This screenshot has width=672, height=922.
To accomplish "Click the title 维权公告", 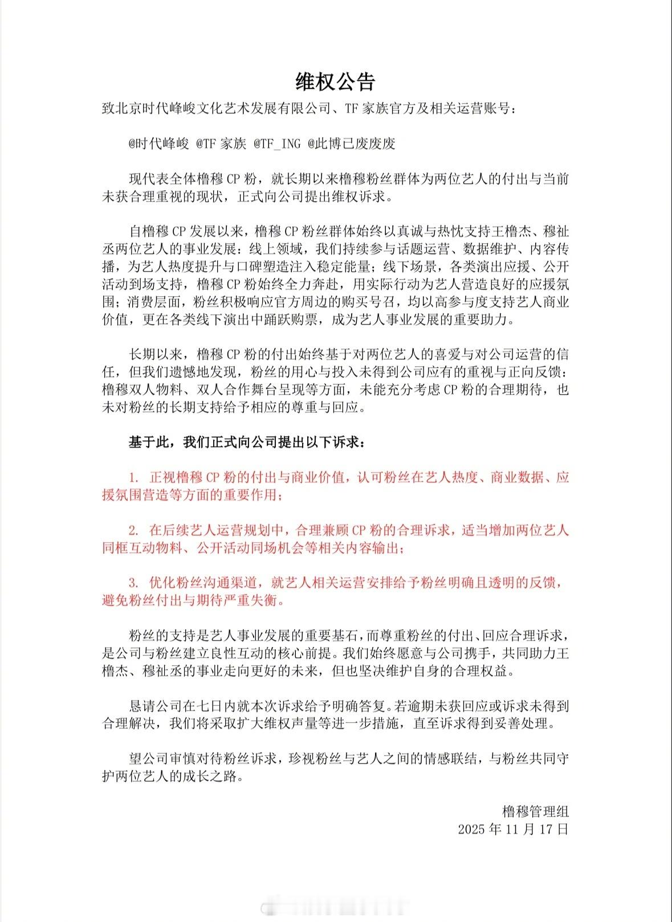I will tap(335, 82).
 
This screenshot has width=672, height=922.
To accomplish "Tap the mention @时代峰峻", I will tap(158, 144).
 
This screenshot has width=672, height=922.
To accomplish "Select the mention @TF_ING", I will tap(276, 144).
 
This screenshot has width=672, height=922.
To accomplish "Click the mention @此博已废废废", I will tap(351, 144).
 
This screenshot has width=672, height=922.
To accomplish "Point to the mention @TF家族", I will tap(221, 144).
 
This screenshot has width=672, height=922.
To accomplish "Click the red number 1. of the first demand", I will tap(134, 477).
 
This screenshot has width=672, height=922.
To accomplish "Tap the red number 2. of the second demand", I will tap(134, 531).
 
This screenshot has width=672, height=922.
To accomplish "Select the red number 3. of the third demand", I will tap(134, 583).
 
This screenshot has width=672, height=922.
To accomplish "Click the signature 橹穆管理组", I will tap(535, 811).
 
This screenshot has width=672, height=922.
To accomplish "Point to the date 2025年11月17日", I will tap(513, 829).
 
